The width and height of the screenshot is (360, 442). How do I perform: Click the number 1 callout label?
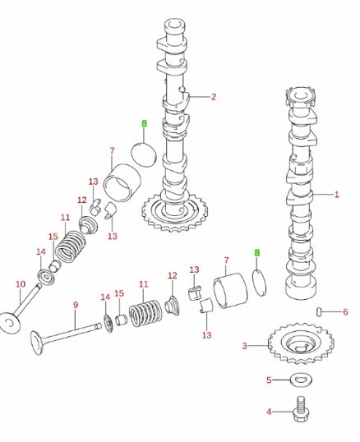pyautogui.click(x=337, y=195)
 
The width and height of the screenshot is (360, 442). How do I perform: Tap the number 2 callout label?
pyautogui.click(x=213, y=97)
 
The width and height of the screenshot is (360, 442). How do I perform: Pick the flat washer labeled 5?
pyautogui.click(x=298, y=380)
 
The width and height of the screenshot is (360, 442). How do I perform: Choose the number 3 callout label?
pyautogui.click(x=244, y=346)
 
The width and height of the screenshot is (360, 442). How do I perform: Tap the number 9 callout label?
pyautogui.click(x=75, y=305)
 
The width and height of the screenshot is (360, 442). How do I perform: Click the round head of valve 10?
pyautogui.click(x=10, y=322)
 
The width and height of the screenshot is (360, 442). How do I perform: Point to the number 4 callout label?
pyautogui.click(x=268, y=410)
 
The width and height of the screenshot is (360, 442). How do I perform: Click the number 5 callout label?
pyautogui.click(x=268, y=380)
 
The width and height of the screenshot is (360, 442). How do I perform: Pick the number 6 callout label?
pyautogui.click(x=345, y=311)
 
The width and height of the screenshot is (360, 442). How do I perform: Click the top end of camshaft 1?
pyautogui.click(x=299, y=92)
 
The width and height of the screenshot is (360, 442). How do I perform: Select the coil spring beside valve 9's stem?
pyautogui.click(x=145, y=313)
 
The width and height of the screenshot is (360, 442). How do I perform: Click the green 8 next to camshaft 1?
pyautogui.click(x=256, y=253)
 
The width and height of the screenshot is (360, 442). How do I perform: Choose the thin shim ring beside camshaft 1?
pyautogui.click(x=261, y=280)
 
